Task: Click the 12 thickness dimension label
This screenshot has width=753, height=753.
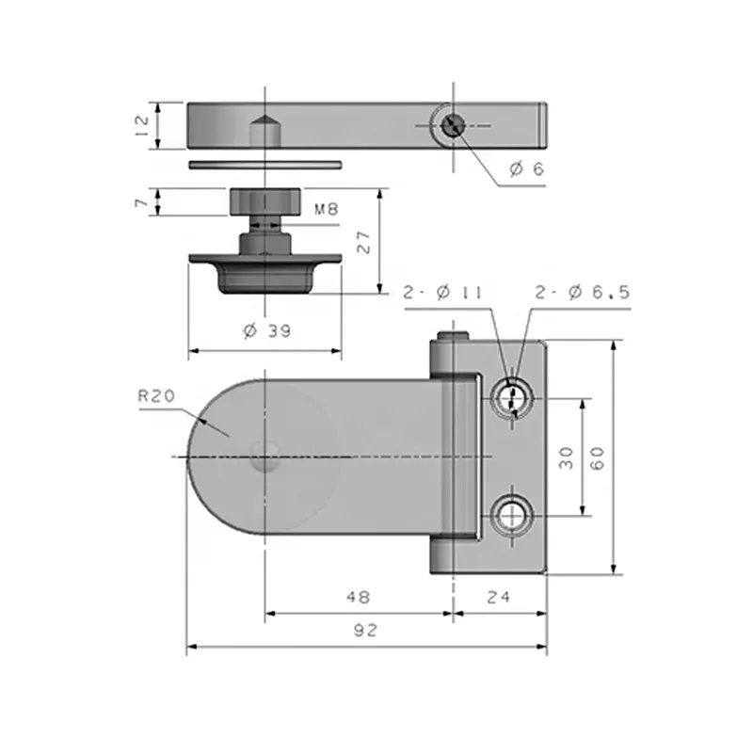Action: [143, 126]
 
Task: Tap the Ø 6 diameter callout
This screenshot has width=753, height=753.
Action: [527, 168]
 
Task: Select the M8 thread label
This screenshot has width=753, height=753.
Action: [327, 209]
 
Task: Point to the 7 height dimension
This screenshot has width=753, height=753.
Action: [142, 202]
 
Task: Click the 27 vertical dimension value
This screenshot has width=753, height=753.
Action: [363, 242]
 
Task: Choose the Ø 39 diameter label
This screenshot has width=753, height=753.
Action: [267, 330]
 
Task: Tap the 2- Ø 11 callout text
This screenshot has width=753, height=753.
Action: [441, 292]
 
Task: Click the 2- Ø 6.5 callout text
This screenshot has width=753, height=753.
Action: [582, 292]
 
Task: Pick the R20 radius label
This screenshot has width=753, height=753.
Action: [156, 396]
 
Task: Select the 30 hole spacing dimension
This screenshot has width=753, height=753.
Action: [567, 457]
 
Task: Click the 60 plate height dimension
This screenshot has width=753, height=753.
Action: [597, 457]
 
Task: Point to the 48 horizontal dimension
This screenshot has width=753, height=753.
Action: [359, 597]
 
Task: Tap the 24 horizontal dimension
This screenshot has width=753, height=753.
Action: [499, 597]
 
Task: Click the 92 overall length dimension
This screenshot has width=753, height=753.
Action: [366, 630]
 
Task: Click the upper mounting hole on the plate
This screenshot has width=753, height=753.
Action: [512, 398]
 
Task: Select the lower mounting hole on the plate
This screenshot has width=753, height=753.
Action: [512, 516]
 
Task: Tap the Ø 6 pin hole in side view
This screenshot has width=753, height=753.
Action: [453, 126]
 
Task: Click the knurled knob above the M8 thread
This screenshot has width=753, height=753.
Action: [265, 201]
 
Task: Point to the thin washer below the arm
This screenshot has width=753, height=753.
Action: [265, 165]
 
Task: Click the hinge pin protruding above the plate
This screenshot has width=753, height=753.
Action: [453, 336]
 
